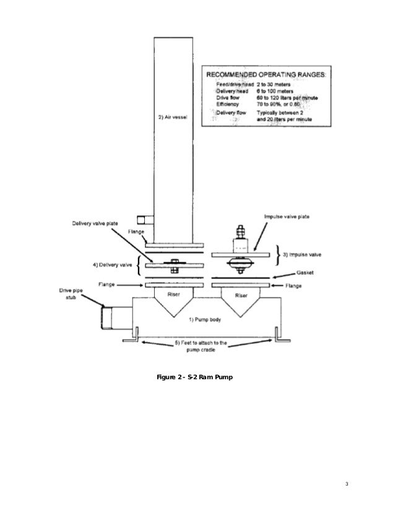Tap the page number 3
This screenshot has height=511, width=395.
point(348,483)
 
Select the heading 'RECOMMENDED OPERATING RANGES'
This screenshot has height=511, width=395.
point(266,75)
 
